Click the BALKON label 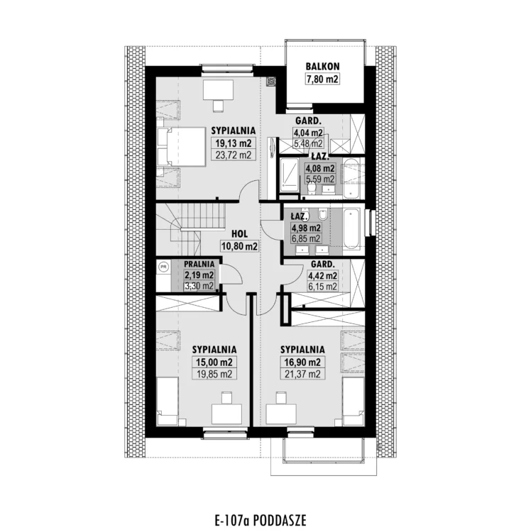tap(322, 66)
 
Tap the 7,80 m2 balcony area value tap(322, 79)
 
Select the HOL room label tap(240, 234)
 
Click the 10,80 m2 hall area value tap(239, 246)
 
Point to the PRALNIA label tap(199, 264)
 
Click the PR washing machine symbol tap(163, 267)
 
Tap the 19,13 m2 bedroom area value tap(234, 143)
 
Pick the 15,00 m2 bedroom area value tap(214, 362)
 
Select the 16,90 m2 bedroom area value tap(302, 362)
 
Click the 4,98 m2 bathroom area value tap(306, 228)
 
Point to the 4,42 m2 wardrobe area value tap(322, 275)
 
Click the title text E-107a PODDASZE tap(260, 520)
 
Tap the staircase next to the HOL tap(191, 227)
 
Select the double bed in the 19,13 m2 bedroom tap(182, 147)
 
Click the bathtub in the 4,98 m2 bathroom tap(351, 228)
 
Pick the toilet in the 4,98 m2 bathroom tap(322, 214)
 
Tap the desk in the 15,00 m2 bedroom tap(226, 414)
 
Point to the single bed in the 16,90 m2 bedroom tap(353, 401)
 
